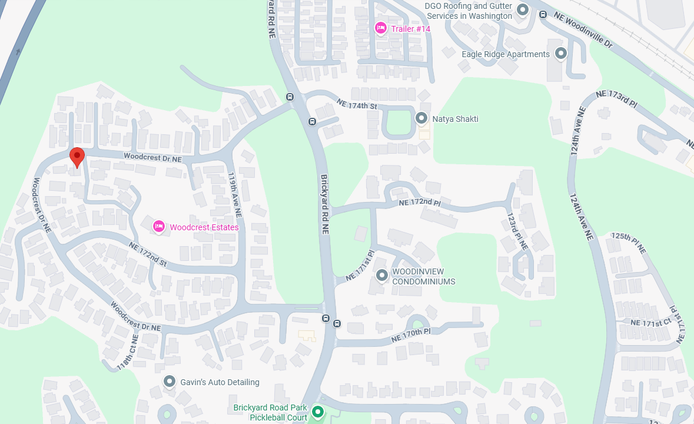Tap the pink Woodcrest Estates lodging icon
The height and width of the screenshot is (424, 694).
click(158, 226)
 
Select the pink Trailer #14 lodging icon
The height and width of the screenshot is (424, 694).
click(381, 28)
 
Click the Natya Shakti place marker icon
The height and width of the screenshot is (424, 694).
click(421, 118)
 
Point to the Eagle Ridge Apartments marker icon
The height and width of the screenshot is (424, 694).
click(561, 54)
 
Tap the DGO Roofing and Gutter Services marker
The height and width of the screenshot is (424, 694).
click(523, 9)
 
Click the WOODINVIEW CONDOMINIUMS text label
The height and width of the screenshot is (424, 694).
click(424, 276)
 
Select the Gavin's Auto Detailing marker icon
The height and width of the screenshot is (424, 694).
click(170, 382)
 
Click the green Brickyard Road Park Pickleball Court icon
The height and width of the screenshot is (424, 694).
click(318, 412)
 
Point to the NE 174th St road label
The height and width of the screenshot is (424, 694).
click(356, 105)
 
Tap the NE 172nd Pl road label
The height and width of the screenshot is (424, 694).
click(419, 203)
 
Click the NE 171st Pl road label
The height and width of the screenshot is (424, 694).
click(360, 266)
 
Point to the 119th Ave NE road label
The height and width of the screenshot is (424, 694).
click(235, 194)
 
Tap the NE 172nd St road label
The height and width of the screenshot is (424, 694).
click(147, 254)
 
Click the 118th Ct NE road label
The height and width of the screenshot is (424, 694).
click(127, 352)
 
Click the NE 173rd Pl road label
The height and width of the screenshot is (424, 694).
click(616, 98)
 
